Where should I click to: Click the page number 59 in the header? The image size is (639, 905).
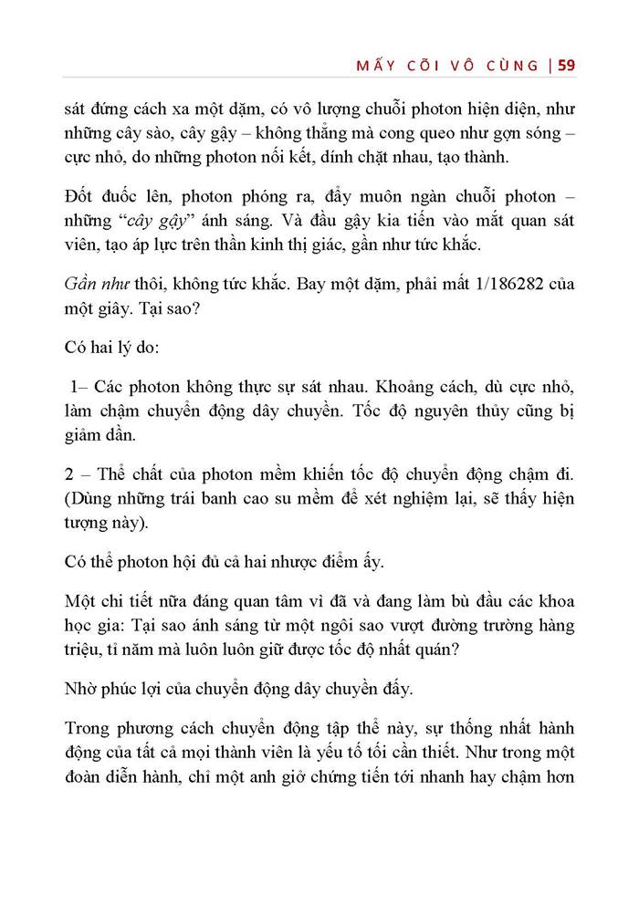click(565, 66)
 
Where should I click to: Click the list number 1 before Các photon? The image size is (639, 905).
click(76, 387)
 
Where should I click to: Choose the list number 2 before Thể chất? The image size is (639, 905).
click(71, 474)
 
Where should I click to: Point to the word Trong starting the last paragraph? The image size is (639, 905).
click(90, 730)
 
